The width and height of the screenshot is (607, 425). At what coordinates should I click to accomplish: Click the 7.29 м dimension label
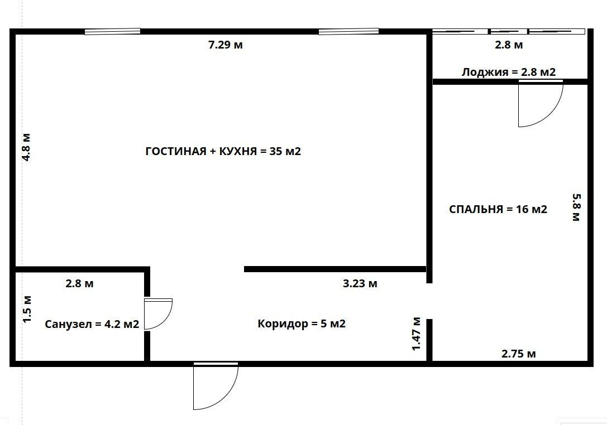[x=225, y=45]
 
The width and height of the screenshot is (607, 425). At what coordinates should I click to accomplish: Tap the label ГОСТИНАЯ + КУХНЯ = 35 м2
[x=223, y=151]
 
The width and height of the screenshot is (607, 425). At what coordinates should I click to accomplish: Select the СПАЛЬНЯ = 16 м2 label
[x=498, y=209]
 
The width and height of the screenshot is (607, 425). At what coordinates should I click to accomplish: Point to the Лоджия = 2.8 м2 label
[x=509, y=72]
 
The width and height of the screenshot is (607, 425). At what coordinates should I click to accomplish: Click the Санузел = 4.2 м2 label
[x=92, y=324]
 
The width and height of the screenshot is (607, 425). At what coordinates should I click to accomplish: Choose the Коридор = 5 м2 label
[x=302, y=323]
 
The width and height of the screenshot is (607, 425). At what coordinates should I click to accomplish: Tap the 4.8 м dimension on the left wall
[x=26, y=147]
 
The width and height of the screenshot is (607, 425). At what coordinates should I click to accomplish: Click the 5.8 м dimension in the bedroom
[x=576, y=207]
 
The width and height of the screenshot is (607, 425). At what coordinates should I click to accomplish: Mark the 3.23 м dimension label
[x=360, y=283]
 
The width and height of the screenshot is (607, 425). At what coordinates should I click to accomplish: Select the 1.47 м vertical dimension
[x=416, y=334]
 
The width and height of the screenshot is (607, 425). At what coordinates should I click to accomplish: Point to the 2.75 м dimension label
[x=519, y=354]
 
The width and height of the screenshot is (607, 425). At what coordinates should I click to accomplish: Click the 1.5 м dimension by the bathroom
[x=27, y=309]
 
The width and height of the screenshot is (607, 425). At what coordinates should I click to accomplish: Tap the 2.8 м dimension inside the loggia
[x=509, y=45]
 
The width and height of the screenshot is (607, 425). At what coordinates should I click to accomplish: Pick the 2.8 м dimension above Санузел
[x=79, y=283]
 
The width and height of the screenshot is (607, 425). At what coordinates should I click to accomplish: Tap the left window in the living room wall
[x=112, y=31]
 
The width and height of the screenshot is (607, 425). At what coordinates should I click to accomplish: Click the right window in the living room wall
[x=348, y=31]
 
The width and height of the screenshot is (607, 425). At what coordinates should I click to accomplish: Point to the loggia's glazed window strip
[x=508, y=31]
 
